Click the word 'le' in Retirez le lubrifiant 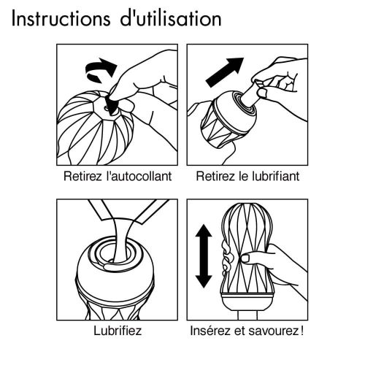(x=242, y=177)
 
